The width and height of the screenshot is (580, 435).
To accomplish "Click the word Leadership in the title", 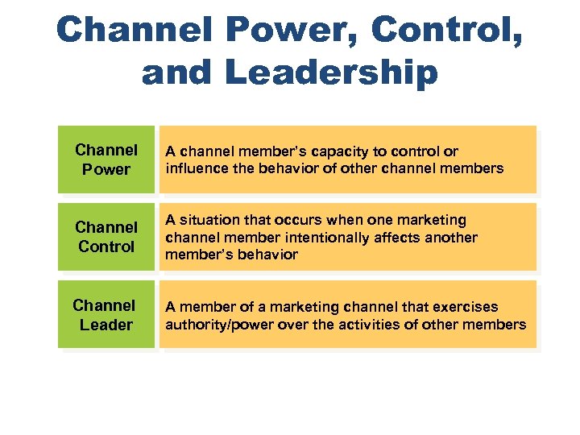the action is click(331, 73).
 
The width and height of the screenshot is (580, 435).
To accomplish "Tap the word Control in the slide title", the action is click(440, 31).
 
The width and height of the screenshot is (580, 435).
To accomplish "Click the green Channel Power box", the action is click(106, 159).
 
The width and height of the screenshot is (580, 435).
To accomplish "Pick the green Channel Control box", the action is click(106, 237).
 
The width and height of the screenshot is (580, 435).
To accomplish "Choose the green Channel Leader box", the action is click(106, 315).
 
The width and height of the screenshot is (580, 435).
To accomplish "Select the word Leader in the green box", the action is click(106, 325).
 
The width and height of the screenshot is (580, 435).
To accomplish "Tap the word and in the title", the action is click(176, 73).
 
